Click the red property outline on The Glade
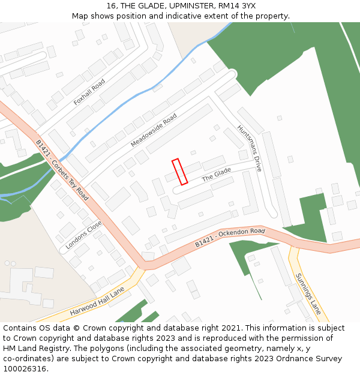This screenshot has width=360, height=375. tap(180, 172)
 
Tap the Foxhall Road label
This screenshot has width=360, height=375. tap(89, 92)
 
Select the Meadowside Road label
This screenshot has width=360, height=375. tap(154, 130)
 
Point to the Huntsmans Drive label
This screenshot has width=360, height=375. tap(250, 148)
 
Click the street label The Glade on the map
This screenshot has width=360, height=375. tap(216, 175)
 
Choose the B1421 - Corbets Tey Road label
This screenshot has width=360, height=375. tap(62, 170)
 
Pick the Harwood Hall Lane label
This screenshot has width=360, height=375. tap(97, 301)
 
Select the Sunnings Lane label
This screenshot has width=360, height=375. tap(308, 294)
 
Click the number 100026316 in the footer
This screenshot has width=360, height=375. tap(24, 368)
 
